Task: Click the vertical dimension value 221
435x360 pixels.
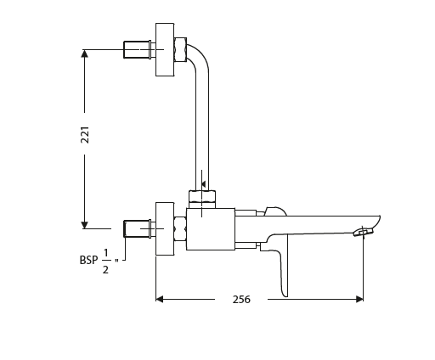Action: point(85,135)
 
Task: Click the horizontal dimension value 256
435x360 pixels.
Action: point(241,299)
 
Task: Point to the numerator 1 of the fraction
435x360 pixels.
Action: point(105,252)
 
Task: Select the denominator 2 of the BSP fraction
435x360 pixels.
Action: point(105,269)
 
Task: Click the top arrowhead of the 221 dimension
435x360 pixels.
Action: point(85,53)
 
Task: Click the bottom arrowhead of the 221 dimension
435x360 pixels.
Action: point(85,224)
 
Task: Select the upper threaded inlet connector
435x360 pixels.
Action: point(136,49)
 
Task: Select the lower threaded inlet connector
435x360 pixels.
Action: point(136,228)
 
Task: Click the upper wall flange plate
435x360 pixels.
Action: point(165,49)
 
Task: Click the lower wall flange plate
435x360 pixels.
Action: point(165,228)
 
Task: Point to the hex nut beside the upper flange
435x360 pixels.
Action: point(180,48)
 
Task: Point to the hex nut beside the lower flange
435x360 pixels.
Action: point(180,228)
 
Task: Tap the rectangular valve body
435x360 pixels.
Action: point(211,229)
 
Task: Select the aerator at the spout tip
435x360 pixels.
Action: point(364,231)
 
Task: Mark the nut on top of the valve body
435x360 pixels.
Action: point(202,199)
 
